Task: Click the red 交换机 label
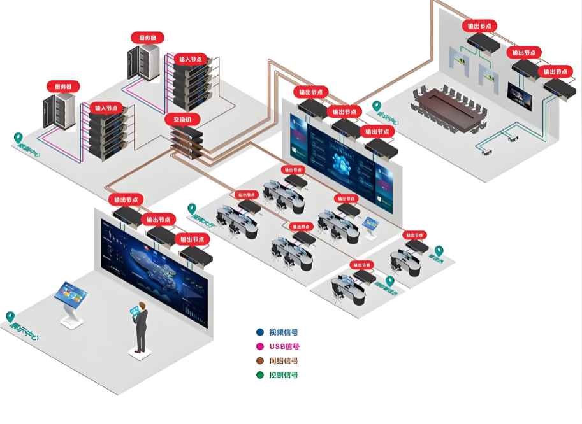[x=183, y=118]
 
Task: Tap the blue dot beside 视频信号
[x=259, y=332]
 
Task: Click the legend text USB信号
[x=284, y=346]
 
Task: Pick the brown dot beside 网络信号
[x=259, y=361]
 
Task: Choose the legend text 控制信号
[x=284, y=375]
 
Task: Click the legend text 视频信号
[x=284, y=332]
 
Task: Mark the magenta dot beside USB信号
[x=259, y=346]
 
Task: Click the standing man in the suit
[x=140, y=327]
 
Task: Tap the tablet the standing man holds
[x=135, y=311]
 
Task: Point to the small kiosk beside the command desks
[x=370, y=225]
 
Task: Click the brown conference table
[x=450, y=105]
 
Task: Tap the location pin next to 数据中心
[x=18, y=138]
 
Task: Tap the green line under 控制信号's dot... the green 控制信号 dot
[x=259, y=375]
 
